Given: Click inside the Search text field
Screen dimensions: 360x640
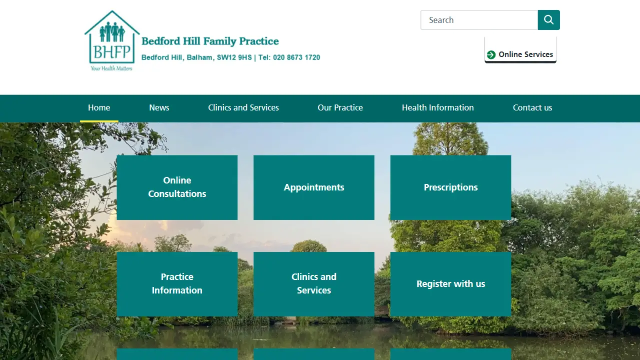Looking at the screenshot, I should (x=479, y=20).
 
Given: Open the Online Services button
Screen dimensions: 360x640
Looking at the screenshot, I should (x=520, y=54).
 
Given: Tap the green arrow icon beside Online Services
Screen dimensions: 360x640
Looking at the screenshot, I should (x=491, y=54).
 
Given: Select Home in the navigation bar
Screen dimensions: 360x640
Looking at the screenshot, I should (x=99, y=107).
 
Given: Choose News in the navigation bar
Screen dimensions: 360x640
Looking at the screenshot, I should (x=159, y=107).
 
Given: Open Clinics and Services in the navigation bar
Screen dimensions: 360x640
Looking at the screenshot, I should (x=243, y=107).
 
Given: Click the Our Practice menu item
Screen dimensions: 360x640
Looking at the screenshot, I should (x=340, y=107).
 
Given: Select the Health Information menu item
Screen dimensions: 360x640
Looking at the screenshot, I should (x=437, y=107).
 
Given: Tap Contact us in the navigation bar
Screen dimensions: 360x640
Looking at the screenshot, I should (x=532, y=107).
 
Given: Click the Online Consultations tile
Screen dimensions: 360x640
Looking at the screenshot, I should (x=177, y=187).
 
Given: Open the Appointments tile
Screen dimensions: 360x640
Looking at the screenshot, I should (x=314, y=187).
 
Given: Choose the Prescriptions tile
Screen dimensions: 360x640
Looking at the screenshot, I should (x=450, y=187).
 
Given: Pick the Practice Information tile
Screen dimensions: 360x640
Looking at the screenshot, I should (x=177, y=283).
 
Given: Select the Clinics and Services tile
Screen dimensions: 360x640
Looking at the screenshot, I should (x=314, y=283).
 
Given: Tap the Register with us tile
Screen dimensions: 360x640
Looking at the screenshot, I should (x=450, y=283).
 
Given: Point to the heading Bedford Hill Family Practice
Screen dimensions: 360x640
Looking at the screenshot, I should (x=210, y=41).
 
